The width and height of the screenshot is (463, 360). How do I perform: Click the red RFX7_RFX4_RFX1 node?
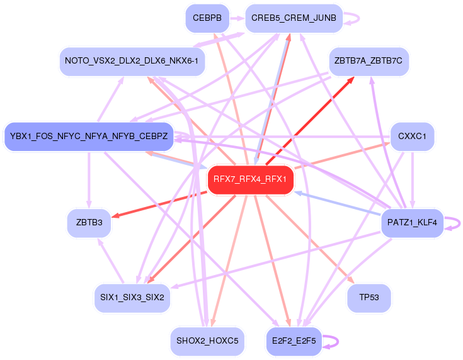tap(250, 179)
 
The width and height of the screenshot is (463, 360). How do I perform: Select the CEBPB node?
tap(207, 18)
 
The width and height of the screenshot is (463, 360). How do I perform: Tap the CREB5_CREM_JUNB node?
tap(294, 18)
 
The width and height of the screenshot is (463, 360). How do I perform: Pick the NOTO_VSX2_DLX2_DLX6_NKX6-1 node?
tap(132, 61)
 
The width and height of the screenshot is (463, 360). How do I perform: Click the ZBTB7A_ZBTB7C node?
tap(369, 61)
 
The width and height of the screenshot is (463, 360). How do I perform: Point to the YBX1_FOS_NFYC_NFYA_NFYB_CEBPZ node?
tap(89, 136)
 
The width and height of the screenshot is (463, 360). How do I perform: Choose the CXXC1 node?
tap(412, 136)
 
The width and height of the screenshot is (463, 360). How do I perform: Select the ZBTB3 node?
tap(89, 223)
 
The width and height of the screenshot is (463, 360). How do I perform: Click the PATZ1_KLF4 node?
tap(412, 223)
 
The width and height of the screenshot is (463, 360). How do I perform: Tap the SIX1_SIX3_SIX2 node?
tap(132, 297)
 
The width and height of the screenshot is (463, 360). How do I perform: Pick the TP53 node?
tap(369, 297)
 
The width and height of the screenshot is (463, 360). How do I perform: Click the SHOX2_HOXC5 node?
tap(207, 340)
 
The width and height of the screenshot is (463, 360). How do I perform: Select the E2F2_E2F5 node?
tap(294, 340)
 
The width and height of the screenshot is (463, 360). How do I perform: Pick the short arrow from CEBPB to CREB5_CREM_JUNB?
tap(236, 18)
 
